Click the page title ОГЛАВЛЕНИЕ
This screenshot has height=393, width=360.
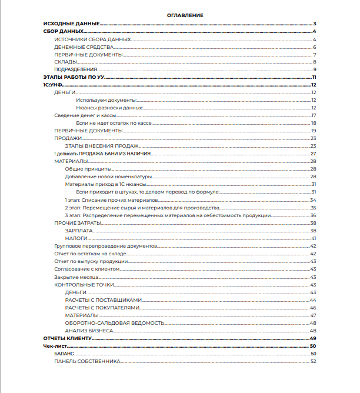pos(185,15)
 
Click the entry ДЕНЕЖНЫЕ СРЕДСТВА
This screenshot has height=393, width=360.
pos(84,47)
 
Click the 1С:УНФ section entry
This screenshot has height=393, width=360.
pos(52,85)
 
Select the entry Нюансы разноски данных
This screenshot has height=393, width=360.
pos(109,108)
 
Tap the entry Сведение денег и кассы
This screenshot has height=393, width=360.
pos(85,115)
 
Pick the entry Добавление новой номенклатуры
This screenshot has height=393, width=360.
pos(109,176)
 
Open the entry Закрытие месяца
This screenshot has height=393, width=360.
pos(75,277)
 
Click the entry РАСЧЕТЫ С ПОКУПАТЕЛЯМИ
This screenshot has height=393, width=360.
pos(103,308)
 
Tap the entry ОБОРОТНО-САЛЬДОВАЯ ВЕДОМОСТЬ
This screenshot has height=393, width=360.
pos(115,323)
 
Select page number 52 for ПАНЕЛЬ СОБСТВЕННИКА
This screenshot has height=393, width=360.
pos(314,361)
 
